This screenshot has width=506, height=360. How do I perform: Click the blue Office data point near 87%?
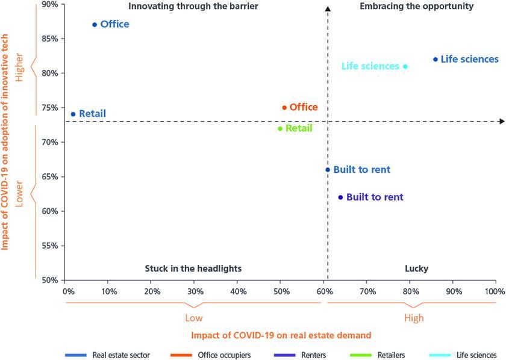click(95, 25)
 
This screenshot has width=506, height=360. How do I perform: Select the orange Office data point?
click(284, 108)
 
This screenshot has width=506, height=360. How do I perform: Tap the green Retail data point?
click(280, 128)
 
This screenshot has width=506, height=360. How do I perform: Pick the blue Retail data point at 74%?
click(73, 114)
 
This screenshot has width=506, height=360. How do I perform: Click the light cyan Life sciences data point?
click(405, 66)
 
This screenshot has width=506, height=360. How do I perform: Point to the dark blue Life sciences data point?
click(436, 59)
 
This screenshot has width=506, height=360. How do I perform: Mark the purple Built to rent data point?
click(340, 197)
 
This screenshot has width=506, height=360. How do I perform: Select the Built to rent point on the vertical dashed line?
click(328, 170)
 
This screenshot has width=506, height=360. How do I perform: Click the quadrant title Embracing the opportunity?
click(416, 7)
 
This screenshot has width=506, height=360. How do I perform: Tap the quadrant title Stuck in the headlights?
click(193, 268)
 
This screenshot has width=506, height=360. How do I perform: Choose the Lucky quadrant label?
click(416, 268)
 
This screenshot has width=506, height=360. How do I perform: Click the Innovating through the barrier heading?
click(193, 7)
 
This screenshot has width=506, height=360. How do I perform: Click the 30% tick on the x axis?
click(194, 291)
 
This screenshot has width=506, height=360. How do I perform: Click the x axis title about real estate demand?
click(281, 335)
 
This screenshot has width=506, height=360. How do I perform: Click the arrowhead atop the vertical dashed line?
click(328, 8)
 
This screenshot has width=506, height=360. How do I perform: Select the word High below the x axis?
click(414, 318)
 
